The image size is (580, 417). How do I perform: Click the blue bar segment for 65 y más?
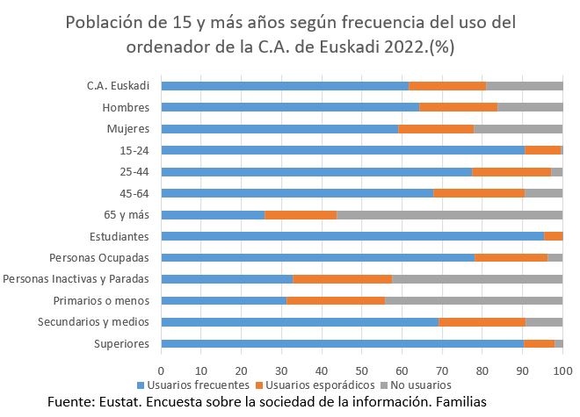[x=213, y=214]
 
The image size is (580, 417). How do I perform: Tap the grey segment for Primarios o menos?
[x=474, y=300]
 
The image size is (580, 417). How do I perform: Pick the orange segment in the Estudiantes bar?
[x=554, y=236]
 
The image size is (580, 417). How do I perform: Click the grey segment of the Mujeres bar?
[x=518, y=129]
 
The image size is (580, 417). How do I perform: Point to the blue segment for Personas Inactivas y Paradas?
[x=227, y=279]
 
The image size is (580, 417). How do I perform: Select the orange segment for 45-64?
[x=479, y=193]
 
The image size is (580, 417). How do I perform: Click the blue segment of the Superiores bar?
[x=343, y=343]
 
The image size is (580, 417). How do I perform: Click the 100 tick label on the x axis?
[x=562, y=370]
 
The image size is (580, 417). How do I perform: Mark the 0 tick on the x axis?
[x=162, y=370]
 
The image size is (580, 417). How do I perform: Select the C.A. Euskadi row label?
[x=118, y=86]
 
